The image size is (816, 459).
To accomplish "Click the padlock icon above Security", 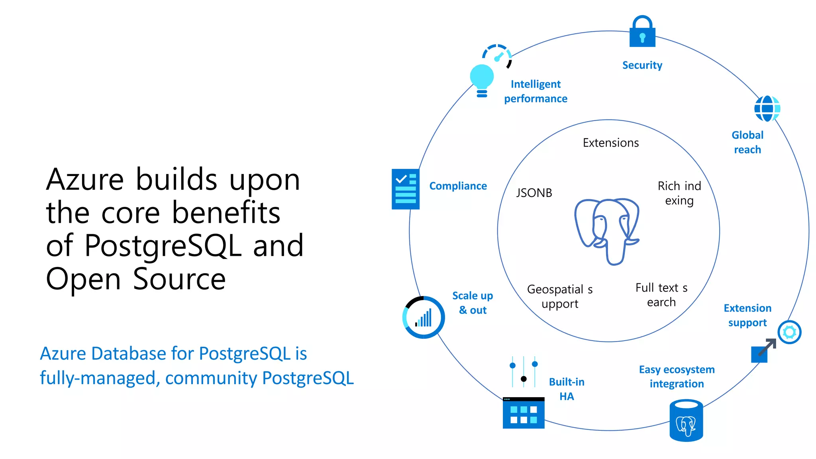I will pyautogui.click(x=642, y=33).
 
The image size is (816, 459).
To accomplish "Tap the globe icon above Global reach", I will pyautogui.click(x=767, y=108).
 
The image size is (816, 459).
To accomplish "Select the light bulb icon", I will pyautogui.click(x=482, y=80).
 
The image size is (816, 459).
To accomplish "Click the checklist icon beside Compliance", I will pyautogui.click(x=406, y=189).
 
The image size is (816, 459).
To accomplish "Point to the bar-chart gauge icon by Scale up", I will pyautogui.click(x=424, y=318).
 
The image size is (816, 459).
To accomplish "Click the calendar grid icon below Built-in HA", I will pyautogui.click(x=523, y=413).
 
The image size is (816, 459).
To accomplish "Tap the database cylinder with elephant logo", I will pyautogui.click(x=686, y=421).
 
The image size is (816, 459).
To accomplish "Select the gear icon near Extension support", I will pyautogui.click(x=789, y=332).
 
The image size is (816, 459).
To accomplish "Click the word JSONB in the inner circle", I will pyautogui.click(x=534, y=193).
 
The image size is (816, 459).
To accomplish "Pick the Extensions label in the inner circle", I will pyautogui.click(x=610, y=143).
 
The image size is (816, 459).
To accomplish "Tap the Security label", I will pyautogui.click(x=642, y=65).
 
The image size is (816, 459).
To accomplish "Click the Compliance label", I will pyautogui.click(x=458, y=186).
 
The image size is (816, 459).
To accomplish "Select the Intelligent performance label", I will pyautogui.click(x=535, y=91).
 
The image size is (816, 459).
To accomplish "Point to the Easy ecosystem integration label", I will pyautogui.click(x=677, y=376).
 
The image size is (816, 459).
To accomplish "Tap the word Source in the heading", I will pyautogui.click(x=179, y=279).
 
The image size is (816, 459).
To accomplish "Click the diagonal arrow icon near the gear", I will pyautogui.click(x=763, y=350).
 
